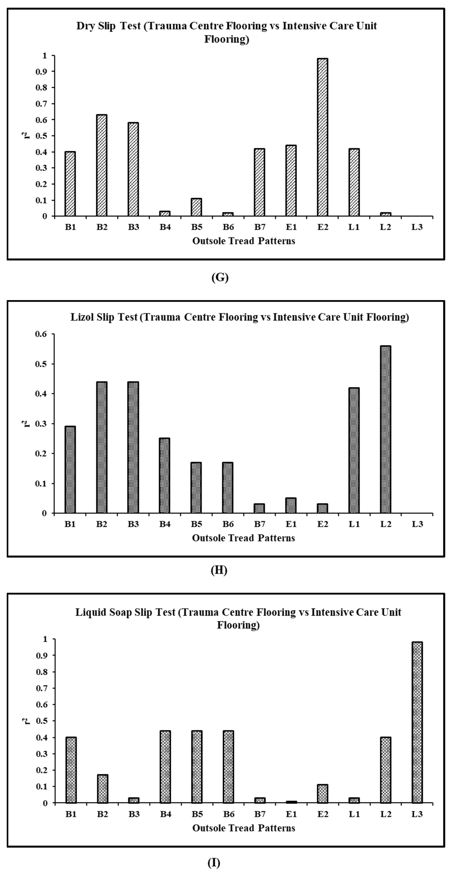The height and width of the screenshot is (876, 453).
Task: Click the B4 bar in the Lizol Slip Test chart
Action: point(165,475)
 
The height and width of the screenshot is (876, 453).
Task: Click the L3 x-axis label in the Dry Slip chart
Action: point(417,227)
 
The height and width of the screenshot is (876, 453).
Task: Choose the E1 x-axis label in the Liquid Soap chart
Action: point(291,814)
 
